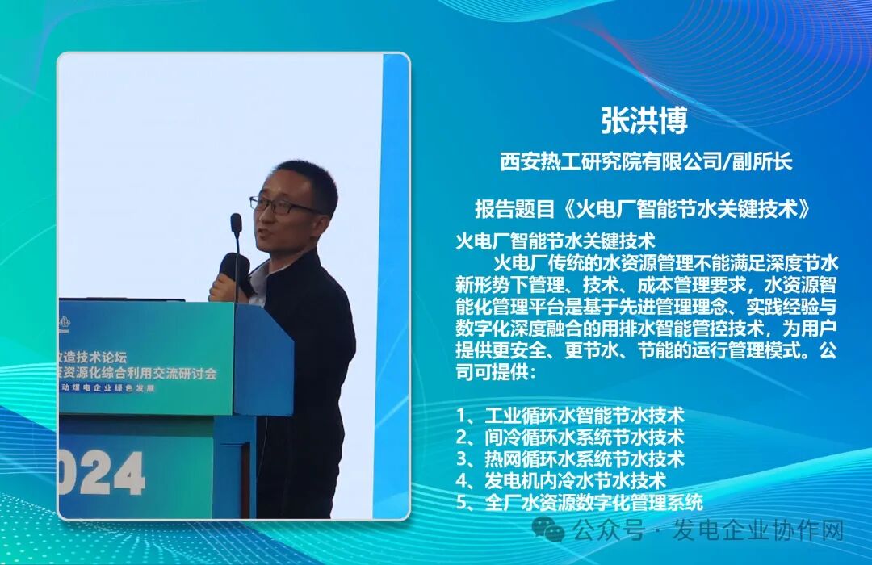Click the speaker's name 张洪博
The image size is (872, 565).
click(x=644, y=121)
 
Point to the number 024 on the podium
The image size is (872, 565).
click(x=101, y=473)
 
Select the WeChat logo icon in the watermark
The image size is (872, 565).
click(x=553, y=529)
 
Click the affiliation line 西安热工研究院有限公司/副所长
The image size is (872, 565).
click(x=645, y=161)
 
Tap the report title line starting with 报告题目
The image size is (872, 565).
click(x=643, y=209)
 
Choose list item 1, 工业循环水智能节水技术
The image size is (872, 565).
click(x=570, y=416)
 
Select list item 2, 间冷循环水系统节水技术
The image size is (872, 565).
click(x=570, y=437)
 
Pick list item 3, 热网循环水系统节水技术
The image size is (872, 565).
click(x=570, y=459)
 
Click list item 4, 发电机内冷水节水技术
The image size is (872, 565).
click(x=561, y=481)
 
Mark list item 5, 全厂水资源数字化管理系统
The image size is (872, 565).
click(x=579, y=502)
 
